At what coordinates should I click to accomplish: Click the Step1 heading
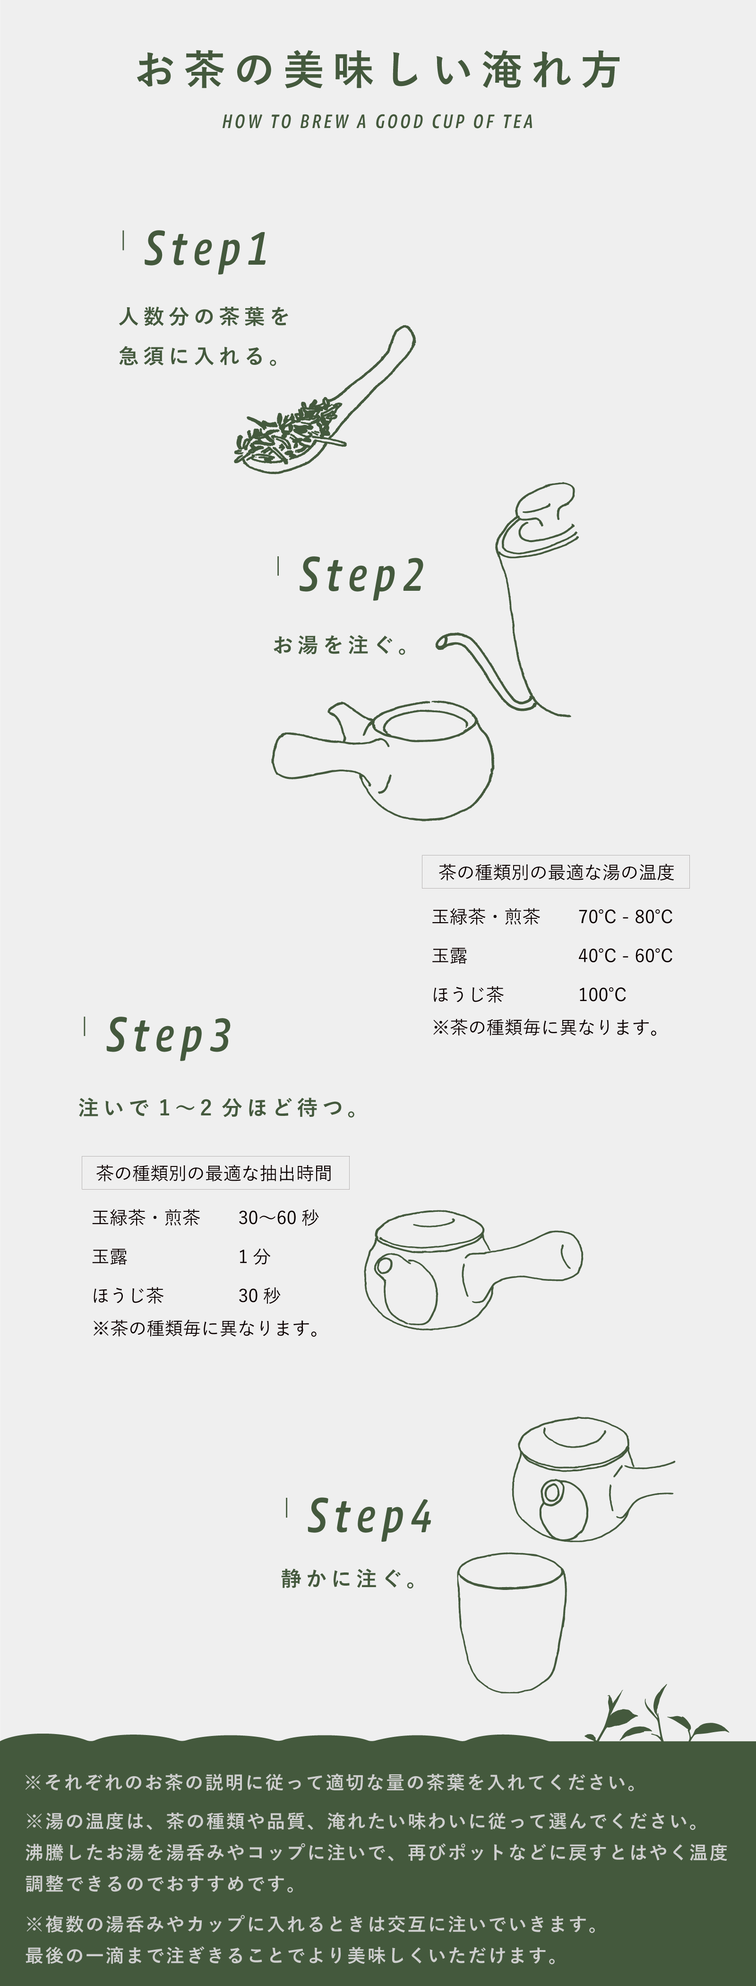tap(206, 250)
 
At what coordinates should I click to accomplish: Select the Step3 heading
tap(168, 1036)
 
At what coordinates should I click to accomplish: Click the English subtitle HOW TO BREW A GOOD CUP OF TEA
tap(378, 122)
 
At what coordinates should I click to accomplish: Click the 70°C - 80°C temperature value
tap(625, 917)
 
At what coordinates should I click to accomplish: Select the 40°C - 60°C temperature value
tap(625, 956)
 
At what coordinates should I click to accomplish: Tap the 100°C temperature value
tap(602, 994)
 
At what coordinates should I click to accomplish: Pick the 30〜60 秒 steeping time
tap(278, 1218)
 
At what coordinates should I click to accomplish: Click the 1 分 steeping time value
tap(254, 1257)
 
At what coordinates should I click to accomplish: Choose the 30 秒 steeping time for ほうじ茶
tap(259, 1295)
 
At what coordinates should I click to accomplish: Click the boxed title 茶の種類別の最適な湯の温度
tap(556, 872)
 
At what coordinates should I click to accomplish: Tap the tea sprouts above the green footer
tap(655, 1715)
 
